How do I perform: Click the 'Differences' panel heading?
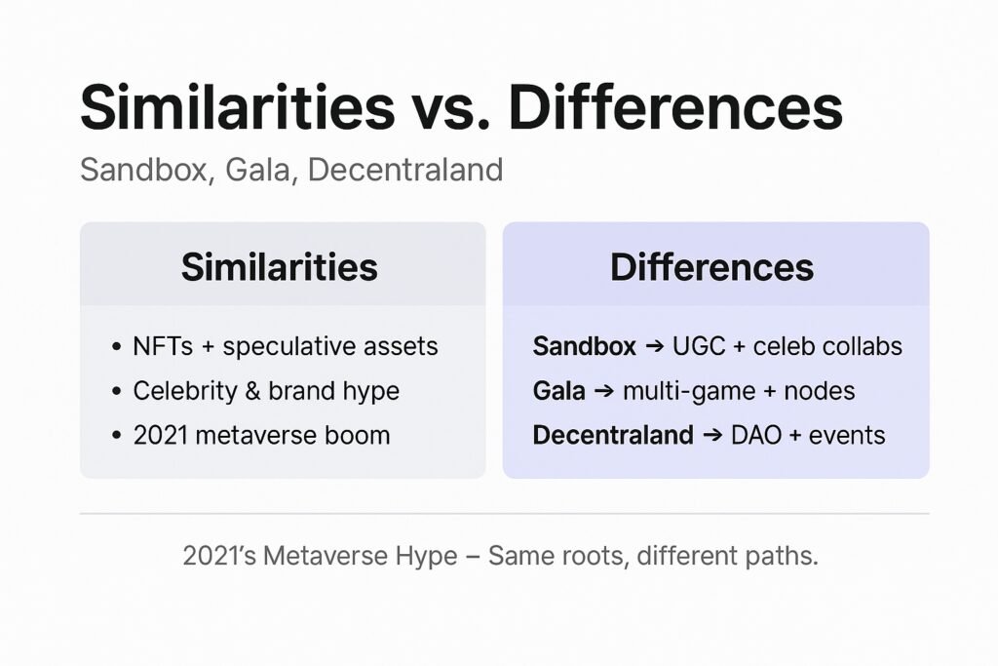click(712, 266)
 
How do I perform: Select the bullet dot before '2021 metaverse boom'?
click(117, 436)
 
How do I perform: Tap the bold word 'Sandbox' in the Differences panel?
click(584, 346)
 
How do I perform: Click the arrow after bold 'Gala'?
click(604, 391)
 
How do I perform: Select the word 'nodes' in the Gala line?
click(819, 391)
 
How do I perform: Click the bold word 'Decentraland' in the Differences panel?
click(612, 435)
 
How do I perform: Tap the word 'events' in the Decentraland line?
click(849, 435)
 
